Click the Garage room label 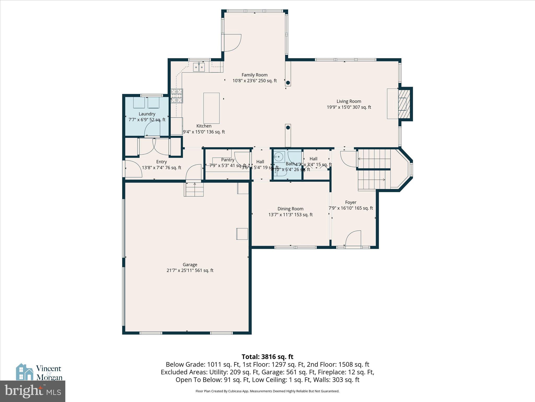click(190, 265)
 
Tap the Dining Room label click(290, 209)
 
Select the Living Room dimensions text click(349, 107)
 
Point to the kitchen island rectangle click(211, 108)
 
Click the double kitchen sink click(199, 67)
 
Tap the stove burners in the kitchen click(177, 96)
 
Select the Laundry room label click(147, 114)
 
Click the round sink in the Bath click(278, 157)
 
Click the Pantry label click(228, 160)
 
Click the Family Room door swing click(232, 43)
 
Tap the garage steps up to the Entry click(194, 189)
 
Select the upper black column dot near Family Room click(288, 83)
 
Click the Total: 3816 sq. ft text click(267, 357)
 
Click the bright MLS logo click(32, 391)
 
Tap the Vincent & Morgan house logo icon click(25, 372)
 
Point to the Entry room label click(161, 162)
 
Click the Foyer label click(351, 202)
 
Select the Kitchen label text click(204, 126)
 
